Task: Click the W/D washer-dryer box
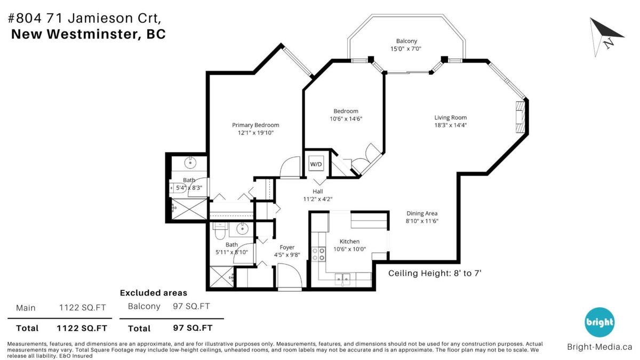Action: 316,164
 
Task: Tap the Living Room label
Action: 450,118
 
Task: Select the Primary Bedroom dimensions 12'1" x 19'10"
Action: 255,133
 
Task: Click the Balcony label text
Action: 406,41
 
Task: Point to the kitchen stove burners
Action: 318,254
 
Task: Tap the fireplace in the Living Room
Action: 519,117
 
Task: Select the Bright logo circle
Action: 599,322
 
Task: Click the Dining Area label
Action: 422,213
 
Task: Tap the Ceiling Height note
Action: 435,273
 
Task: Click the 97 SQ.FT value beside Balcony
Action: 191,306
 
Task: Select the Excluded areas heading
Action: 154,293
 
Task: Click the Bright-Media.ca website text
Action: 599,347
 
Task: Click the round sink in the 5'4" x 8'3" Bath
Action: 190,162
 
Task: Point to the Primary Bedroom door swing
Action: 290,167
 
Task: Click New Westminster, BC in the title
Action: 88,34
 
